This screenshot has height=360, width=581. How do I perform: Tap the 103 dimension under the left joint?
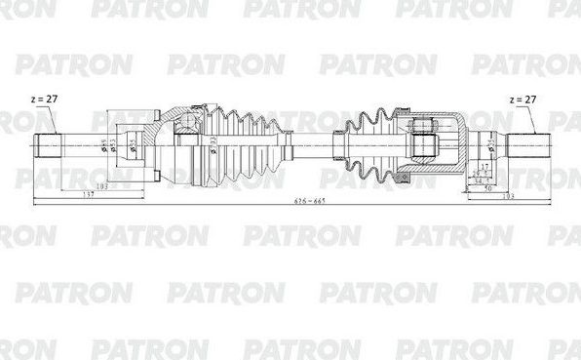pos(100,185)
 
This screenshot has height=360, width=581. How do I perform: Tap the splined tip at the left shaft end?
pos(48,147)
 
